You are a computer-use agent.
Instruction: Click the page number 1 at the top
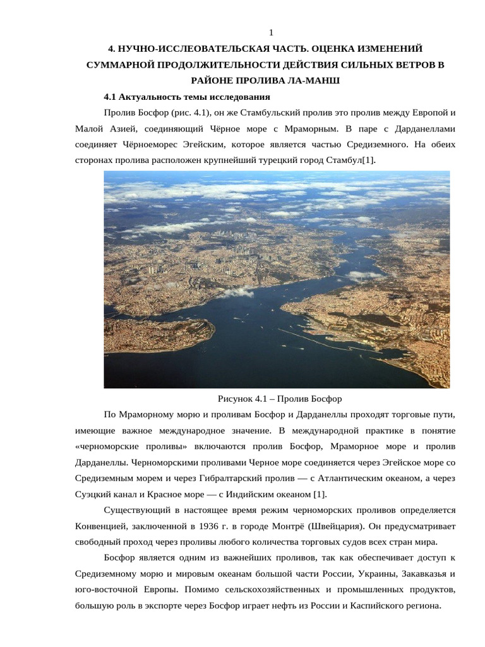pos(271,33)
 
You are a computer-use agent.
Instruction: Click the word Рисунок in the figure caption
pos(236,399)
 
